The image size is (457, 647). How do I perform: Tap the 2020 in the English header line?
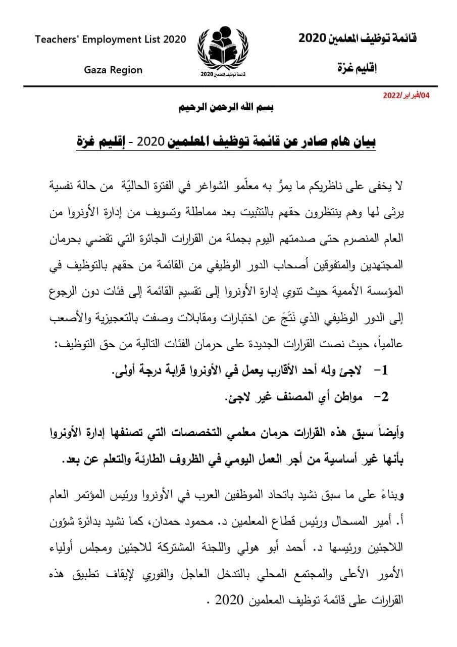172,40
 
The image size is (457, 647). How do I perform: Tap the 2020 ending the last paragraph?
229,602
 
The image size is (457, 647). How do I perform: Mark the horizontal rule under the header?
227,86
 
